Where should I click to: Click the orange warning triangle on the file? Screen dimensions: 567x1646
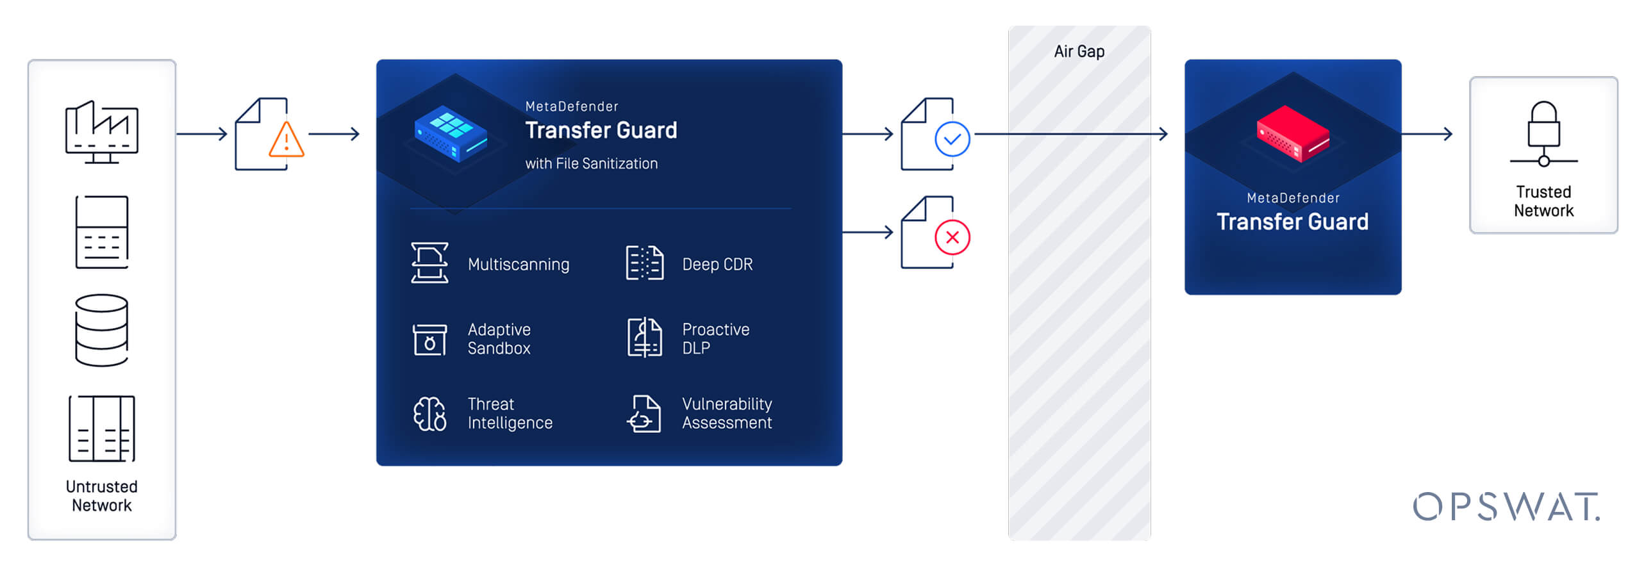click(x=286, y=140)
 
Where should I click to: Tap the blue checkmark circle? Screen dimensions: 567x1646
click(x=952, y=139)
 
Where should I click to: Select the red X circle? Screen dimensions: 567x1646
click(x=952, y=237)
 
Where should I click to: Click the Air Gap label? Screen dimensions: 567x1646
click(x=1079, y=51)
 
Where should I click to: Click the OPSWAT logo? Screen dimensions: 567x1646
click(x=1506, y=506)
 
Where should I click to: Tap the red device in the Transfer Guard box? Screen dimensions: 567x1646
click(x=1292, y=134)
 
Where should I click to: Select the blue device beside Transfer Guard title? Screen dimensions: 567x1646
click(x=451, y=133)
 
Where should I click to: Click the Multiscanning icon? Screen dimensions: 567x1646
click(x=429, y=263)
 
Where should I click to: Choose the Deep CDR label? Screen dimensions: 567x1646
click(x=717, y=264)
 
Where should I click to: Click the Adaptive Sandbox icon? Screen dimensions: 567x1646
click(x=429, y=338)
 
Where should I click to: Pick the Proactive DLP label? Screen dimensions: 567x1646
click(x=715, y=338)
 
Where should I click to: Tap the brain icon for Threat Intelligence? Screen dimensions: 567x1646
click(x=429, y=413)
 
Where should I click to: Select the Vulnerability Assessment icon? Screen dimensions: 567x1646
click(x=644, y=413)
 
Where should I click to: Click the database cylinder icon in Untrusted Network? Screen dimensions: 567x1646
click(x=101, y=330)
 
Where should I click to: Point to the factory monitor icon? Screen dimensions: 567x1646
click(x=101, y=132)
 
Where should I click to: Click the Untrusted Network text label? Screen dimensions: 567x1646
click(x=101, y=496)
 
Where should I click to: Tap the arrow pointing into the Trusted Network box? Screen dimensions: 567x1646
click(x=1428, y=134)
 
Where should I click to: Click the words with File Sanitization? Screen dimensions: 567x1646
click(x=591, y=163)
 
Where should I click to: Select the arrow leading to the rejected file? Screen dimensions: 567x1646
click(x=868, y=232)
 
